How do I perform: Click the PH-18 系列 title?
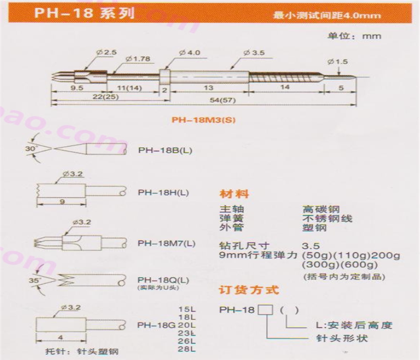84,13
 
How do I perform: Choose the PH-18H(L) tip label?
163,192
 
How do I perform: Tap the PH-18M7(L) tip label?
166,243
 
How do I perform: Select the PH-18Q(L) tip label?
163,280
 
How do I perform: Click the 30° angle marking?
30,148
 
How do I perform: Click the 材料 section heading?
234,194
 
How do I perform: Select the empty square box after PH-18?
265,310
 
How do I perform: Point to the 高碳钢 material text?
321,209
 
